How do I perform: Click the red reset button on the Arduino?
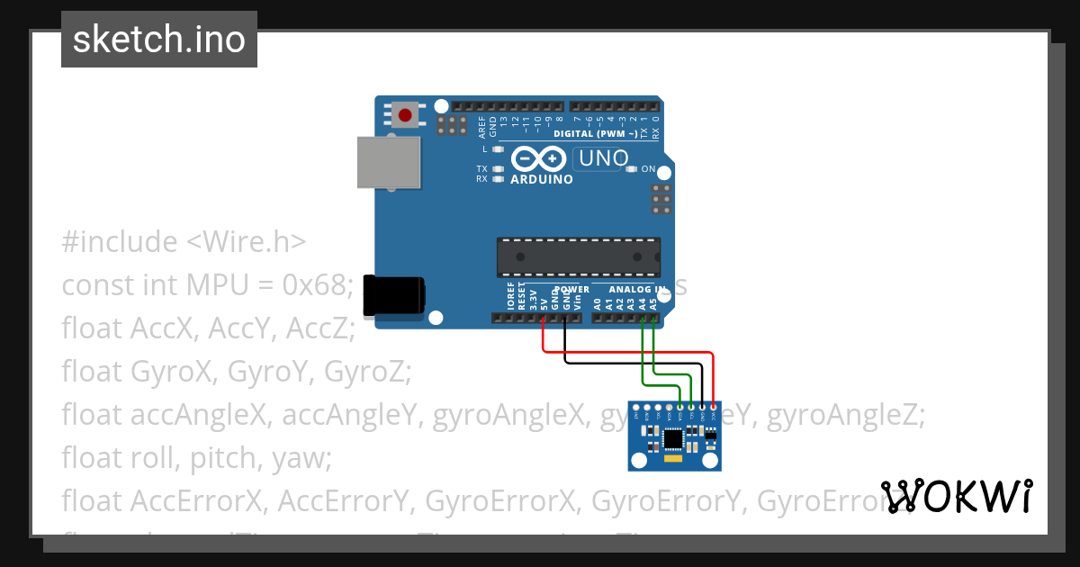coord(405,115)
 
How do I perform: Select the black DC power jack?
coord(393,294)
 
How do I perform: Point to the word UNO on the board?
coord(602,159)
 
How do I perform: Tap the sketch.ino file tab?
coord(159,40)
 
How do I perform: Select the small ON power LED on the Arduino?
coord(631,169)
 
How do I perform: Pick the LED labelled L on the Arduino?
coord(498,148)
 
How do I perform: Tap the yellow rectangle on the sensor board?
coord(674,460)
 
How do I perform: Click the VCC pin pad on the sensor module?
coord(714,409)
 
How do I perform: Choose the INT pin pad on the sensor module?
coord(636,409)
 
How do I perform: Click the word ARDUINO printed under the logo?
coord(542,179)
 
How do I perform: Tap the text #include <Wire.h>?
coord(184,242)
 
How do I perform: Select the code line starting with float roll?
coord(197,458)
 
